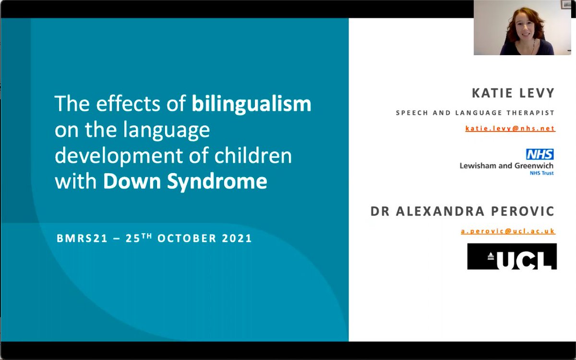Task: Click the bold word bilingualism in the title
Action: pyautogui.click(x=252, y=104)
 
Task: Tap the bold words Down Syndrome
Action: pyautogui.click(x=185, y=181)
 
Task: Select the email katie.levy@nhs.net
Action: pyautogui.click(x=510, y=129)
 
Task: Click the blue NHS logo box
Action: pyautogui.click(x=540, y=154)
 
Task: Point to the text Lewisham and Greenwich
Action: pyautogui.click(x=506, y=166)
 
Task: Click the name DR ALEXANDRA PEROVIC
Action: pyautogui.click(x=462, y=211)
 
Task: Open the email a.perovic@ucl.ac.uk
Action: pyautogui.click(x=508, y=231)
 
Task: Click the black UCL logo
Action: pyautogui.click(x=512, y=257)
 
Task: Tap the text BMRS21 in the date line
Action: pyautogui.click(x=75, y=239)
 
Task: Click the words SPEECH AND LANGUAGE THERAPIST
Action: pyautogui.click(x=475, y=113)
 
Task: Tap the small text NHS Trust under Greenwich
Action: pyautogui.click(x=541, y=173)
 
